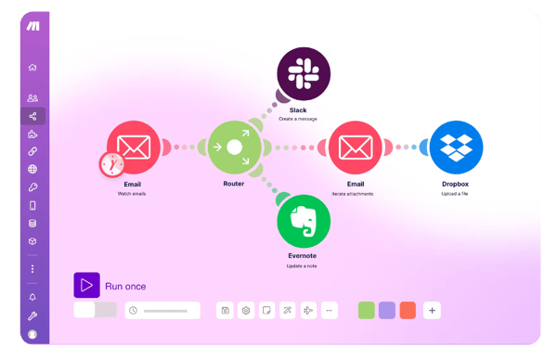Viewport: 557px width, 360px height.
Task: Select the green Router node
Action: point(234,147)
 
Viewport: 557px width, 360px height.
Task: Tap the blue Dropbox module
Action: point(456,147)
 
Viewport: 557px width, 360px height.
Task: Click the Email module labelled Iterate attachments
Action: point(356,147)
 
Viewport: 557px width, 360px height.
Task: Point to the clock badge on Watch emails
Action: point(111,164)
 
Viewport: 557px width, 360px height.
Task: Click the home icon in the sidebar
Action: point(32,67)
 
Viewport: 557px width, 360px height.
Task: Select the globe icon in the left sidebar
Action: point(32,169)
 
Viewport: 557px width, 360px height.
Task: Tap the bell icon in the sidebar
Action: point(32,297)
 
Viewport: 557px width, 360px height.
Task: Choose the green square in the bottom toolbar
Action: point(366,310)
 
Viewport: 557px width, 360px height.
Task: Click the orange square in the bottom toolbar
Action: point(408,310)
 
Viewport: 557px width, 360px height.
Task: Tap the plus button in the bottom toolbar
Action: point(433,310)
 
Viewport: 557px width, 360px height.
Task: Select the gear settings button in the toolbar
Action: point(246,310)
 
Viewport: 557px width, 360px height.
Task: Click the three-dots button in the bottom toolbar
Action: point(330,310)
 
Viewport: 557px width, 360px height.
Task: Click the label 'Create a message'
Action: point(298,119)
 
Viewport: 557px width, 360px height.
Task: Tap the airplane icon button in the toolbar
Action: point(309,310)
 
